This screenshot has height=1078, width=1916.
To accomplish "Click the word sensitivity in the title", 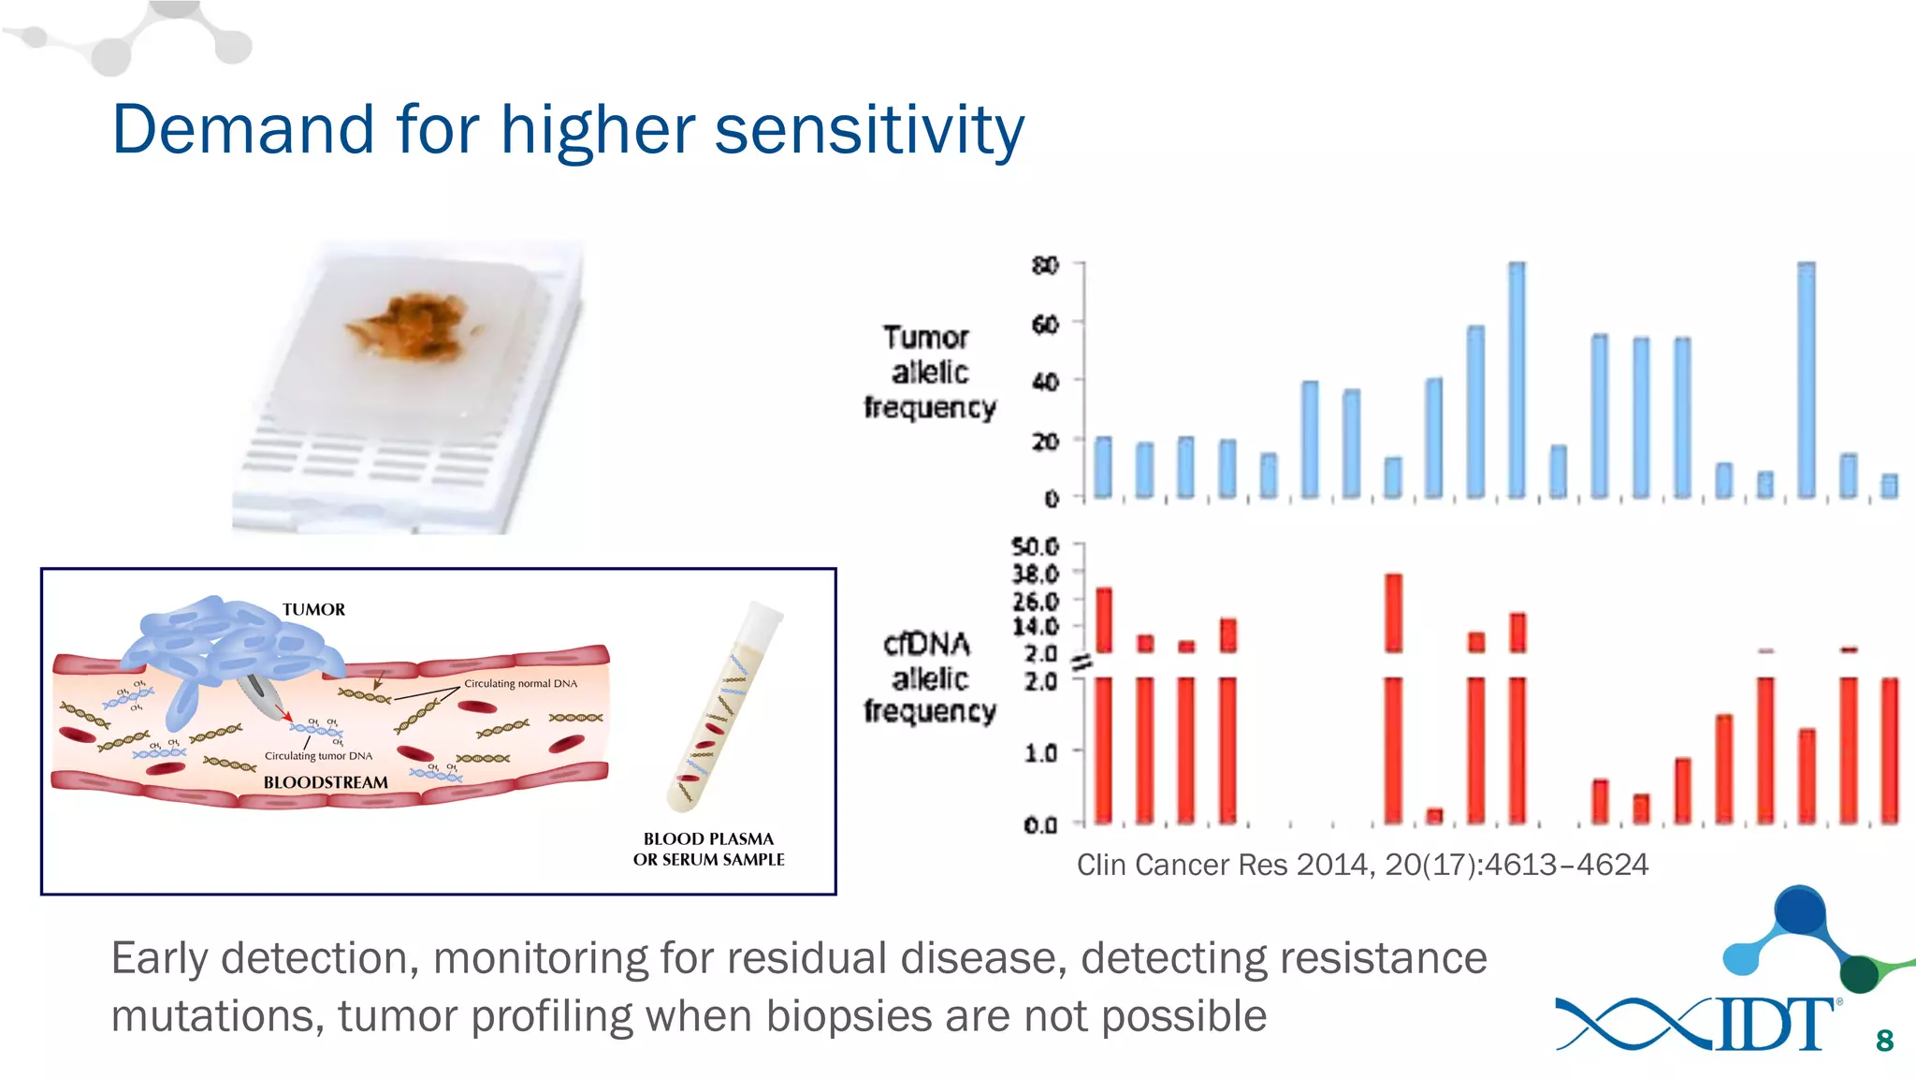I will coord(869,130).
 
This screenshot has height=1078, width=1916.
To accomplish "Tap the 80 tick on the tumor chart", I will coord(1045,266).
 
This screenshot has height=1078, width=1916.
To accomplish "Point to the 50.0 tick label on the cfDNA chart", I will coord(1035,546).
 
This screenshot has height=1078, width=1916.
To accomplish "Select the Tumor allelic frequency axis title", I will coord(928,372).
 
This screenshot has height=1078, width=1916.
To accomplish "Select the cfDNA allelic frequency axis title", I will coord(928,677).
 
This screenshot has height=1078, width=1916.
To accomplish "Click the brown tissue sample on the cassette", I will coord(414,327).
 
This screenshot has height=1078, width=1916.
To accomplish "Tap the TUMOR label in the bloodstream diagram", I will coord(313,610).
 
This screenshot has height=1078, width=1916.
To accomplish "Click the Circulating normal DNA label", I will coord(520,684).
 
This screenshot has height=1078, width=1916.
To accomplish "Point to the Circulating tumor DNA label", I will coord(318,756).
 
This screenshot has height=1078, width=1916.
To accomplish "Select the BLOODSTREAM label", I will coord(325,782).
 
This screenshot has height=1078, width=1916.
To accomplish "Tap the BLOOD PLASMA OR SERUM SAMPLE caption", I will coord(708,850).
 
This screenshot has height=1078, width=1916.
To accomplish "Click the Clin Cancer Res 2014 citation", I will coord(1361,865).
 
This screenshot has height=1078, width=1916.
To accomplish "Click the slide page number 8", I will coord(1884,1041).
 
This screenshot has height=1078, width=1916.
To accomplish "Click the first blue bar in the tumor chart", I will coord(1103,467).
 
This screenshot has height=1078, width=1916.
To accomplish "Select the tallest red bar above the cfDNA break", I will coord(1393,613).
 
